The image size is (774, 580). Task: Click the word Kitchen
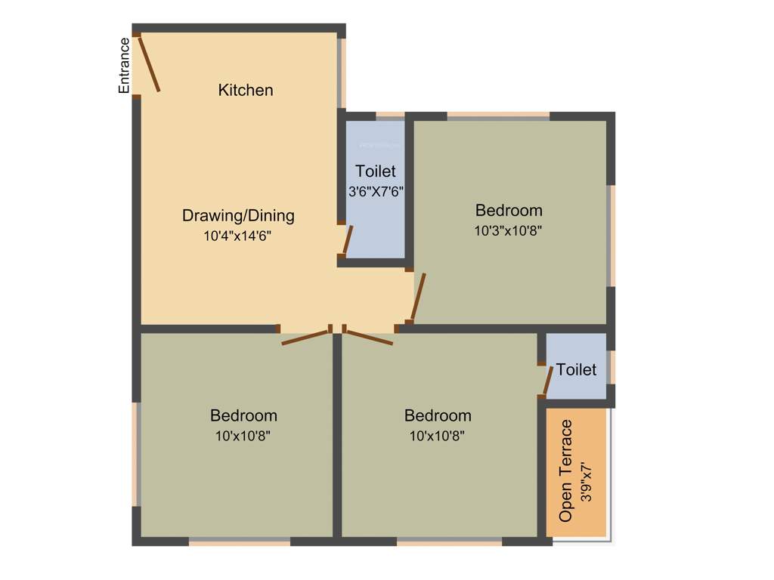246,90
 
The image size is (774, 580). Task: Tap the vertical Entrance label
124,66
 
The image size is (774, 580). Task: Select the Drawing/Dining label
238,216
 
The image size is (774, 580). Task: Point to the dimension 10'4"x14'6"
237,236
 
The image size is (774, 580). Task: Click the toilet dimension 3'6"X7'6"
376,192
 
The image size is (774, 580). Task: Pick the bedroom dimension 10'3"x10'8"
508,231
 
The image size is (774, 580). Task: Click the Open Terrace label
566,470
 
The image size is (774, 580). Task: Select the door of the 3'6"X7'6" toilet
347,239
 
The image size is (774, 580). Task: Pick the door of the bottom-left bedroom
305,337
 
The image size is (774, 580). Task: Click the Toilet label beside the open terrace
576,369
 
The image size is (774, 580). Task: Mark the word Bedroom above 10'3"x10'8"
509,210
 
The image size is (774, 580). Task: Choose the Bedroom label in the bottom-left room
243,415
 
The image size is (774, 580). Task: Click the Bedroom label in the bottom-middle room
438,415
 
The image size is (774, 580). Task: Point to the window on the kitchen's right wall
342,72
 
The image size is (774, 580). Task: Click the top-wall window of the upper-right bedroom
498,116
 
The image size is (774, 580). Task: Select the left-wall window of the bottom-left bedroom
137,454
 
